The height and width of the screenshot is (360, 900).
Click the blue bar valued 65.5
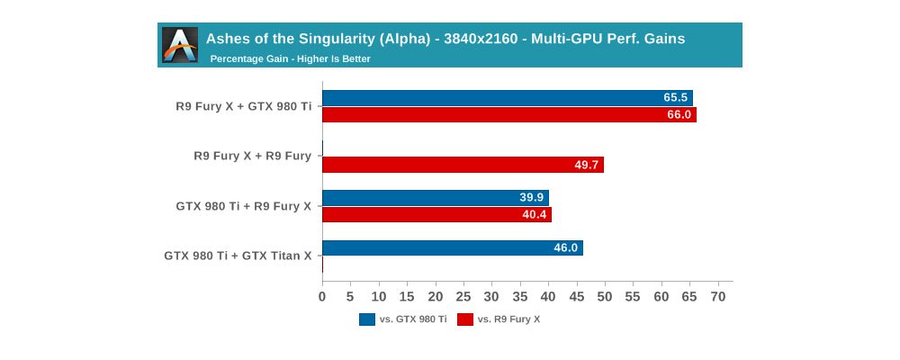click(507, 97)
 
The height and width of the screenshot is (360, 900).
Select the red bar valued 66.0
click(508, 114)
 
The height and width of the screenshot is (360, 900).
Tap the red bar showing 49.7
click(463, 165)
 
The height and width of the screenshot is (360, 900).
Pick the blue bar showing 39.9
click(435, 198)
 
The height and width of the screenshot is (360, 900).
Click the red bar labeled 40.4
click(436, 215)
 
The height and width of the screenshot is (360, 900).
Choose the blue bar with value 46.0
click(452, 247)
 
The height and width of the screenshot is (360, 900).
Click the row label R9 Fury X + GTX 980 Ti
click(243, 106)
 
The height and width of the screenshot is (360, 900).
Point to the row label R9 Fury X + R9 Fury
click(252, 156)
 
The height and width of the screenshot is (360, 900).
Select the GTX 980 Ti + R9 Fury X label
click(243, 206)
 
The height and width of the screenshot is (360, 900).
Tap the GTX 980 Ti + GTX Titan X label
click(238, 256)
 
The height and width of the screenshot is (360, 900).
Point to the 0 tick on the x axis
click(322, 296)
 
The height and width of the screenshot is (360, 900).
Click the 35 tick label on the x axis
click(520, 296)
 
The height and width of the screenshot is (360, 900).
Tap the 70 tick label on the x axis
click(718, 296)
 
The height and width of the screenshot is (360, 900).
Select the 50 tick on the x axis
click(605, 296)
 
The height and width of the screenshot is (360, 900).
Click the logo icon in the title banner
click(180, 45)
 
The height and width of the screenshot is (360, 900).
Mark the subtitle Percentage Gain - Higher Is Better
click(290, 59)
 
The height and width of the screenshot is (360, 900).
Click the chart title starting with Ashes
click(445, 39)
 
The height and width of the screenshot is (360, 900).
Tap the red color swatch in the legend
click(465, 319)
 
